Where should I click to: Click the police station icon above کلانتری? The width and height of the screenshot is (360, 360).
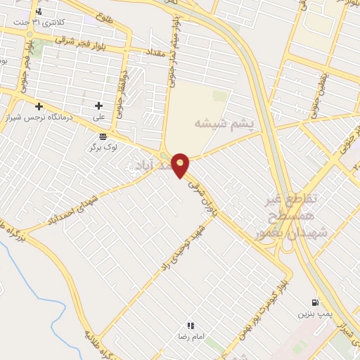click(38, 11)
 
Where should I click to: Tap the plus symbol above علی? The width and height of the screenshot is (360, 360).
click(98, 106)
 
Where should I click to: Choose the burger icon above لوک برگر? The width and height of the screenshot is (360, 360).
click(103, 136)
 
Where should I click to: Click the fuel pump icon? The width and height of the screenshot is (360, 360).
click(314, 302)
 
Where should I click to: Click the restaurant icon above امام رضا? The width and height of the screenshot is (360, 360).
click(190, 326)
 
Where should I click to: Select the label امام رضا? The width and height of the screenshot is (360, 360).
click(190, 337)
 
